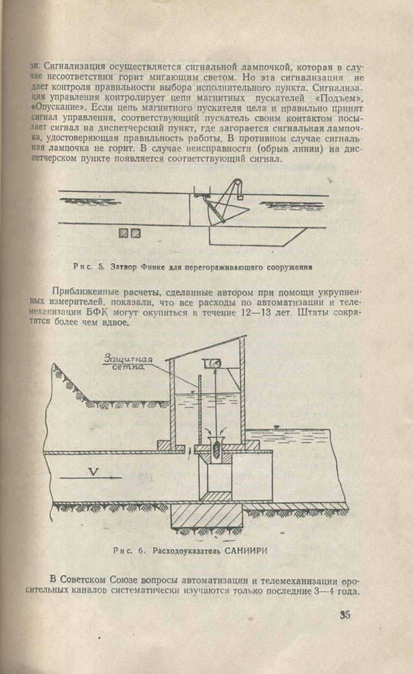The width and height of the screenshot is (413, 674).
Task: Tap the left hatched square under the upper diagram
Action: coord(123,233)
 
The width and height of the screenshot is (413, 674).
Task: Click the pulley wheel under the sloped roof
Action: coord(214,364)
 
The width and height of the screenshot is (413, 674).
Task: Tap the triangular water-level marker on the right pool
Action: coord(277,427)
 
